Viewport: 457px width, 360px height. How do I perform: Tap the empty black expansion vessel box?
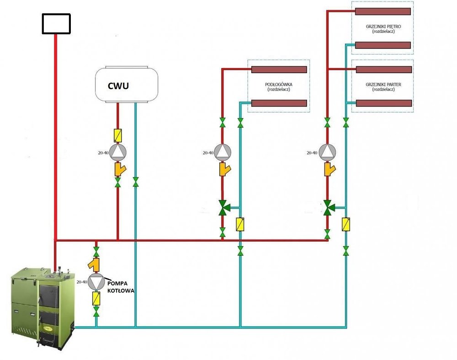pos(56,24)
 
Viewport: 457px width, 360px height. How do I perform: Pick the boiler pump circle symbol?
pos(96,282)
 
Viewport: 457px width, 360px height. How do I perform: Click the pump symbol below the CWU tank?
pos(118,152)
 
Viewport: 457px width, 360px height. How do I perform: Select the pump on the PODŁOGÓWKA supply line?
pos(223,152)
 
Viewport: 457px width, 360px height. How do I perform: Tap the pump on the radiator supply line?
pos(327,152)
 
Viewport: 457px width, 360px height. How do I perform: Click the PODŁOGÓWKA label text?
pos(278,86)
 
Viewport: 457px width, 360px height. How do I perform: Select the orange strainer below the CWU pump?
pos(119,170)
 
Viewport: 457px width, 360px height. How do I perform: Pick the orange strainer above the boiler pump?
pos(95,265)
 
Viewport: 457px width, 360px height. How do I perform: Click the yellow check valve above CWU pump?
pos(118,135)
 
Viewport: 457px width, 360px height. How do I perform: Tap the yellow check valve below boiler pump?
pos(96,299)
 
